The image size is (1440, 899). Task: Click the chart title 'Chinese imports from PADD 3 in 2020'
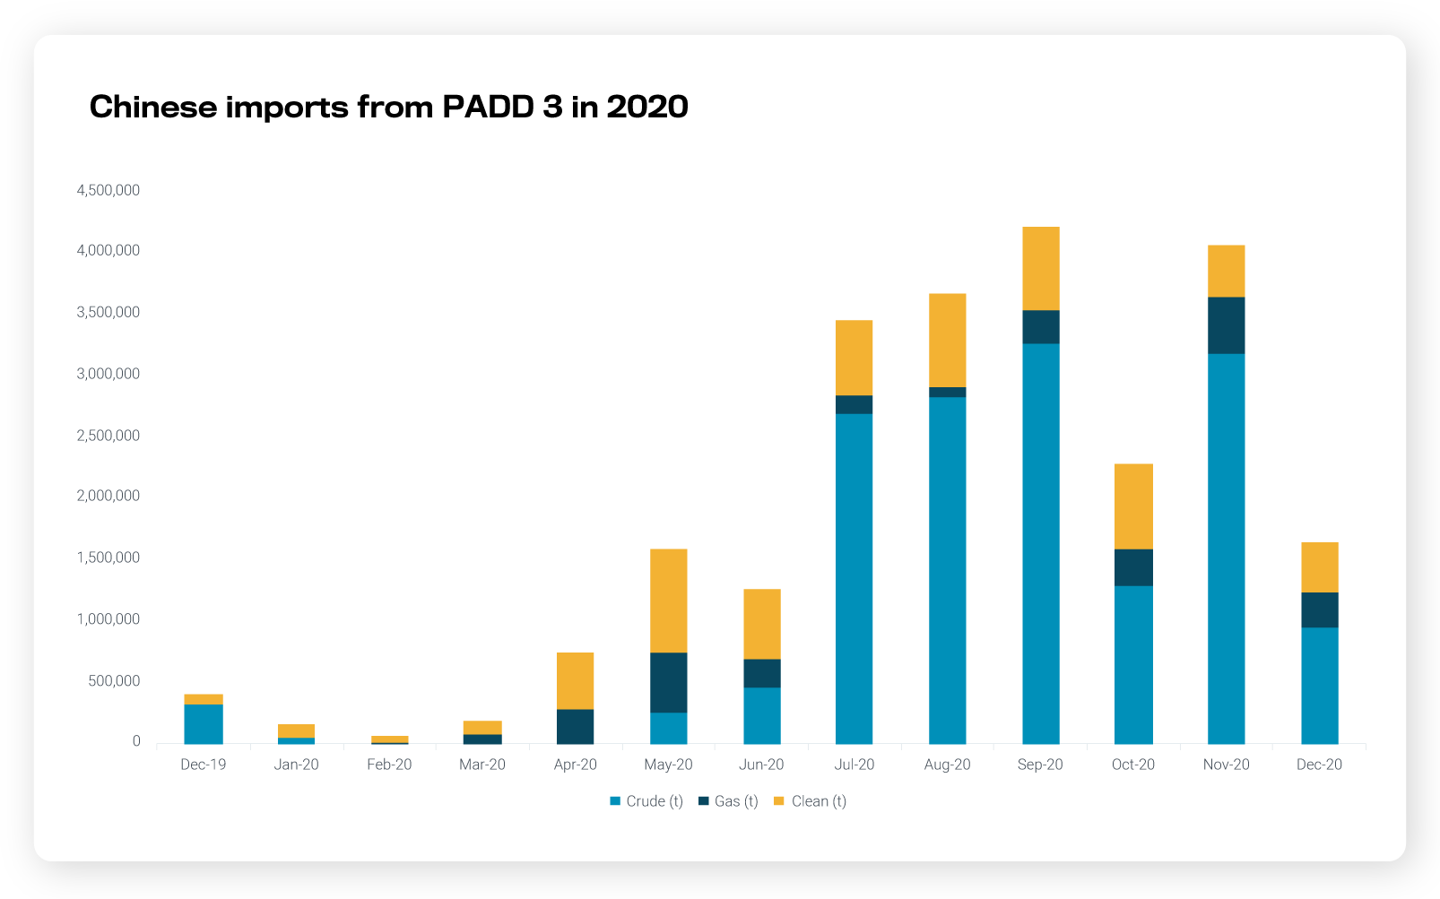(x=388, y=107)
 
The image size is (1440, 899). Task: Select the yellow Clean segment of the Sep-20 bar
(x=1040, y=268)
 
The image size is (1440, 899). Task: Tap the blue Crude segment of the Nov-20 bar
(x=1226, y=548)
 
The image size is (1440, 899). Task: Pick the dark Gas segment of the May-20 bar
(x=668, y=682)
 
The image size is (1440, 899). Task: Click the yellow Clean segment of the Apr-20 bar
(x=575, y=680)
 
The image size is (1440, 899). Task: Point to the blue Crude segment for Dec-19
(x=204, y=723)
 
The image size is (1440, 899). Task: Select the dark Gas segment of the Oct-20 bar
(x=1133, y=567)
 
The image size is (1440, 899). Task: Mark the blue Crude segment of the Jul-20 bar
(x=854, y=578)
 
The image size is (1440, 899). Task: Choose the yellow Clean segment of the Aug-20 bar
(x=947, y=340)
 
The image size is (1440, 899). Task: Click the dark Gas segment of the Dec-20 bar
(x=1319, y=609)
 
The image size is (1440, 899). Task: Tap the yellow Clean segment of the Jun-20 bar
(x=761, y=624)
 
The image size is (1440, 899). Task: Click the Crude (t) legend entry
(x=646, y=801)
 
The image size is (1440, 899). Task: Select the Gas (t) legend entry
(x=728, y=801)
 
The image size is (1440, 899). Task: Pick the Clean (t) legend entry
(x=810, y=801)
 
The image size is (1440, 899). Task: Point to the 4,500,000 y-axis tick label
(x=108, y=190)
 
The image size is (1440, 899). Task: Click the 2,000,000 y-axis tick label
(x=108, y=496)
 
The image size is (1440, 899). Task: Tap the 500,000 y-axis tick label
(x=114, y=680)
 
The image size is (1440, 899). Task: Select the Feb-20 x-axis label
(x=389, y=765)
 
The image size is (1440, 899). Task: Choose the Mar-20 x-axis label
(x=482, y=765)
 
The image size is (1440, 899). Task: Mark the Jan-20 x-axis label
(x=296, y=765)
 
